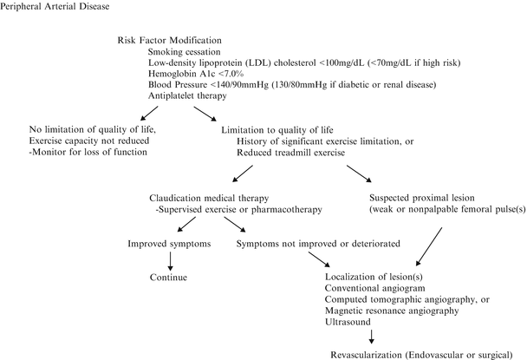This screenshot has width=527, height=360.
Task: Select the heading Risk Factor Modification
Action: pos(168,41)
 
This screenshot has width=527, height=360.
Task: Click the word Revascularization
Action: pos(374,355)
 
